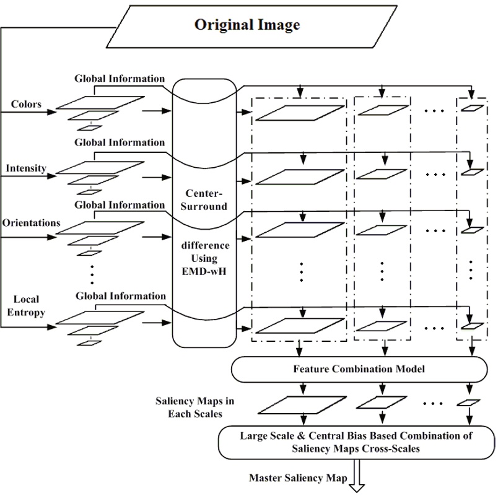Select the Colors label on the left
[x=27, y=104]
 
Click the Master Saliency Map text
[x=298, y=477]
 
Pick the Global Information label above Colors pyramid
[x=120, y=79]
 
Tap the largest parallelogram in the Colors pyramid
[x=94, y=103]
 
